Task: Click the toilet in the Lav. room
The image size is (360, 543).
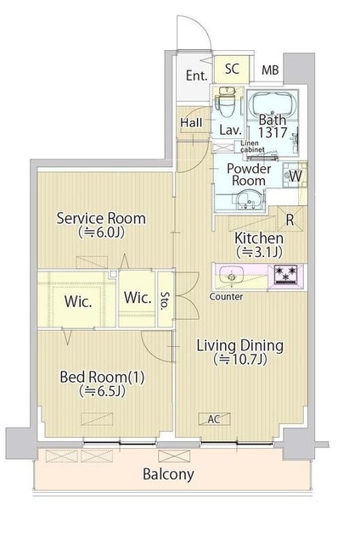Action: (x=225, y=102)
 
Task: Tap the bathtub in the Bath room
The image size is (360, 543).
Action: (x=273, y=103)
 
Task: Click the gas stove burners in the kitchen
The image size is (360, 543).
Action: (x=285, y=274)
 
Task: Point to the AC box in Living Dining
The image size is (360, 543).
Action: (x=214, y=419)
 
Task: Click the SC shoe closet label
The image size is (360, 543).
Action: (x=232, y=69)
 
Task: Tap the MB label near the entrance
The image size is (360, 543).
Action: (x=270, y=70)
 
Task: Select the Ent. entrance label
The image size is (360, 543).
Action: (x=196, y=76)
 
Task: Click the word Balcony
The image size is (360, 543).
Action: (x=168, y=474)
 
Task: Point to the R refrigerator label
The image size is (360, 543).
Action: (x=290, y=220)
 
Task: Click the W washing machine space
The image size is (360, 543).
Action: (x=295, y=176)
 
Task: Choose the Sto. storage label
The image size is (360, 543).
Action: (x=165, y=299)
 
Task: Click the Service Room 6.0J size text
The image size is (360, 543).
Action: (x=101, y=232)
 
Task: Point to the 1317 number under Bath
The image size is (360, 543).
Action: (x=273, y=132)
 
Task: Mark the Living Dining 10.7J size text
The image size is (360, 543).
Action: (x=240, y=360)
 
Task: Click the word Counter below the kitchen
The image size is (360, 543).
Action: (x=226, y=296)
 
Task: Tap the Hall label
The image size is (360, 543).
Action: (x=191, y=122)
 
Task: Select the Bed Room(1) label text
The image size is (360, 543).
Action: (x=102, y=377)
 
